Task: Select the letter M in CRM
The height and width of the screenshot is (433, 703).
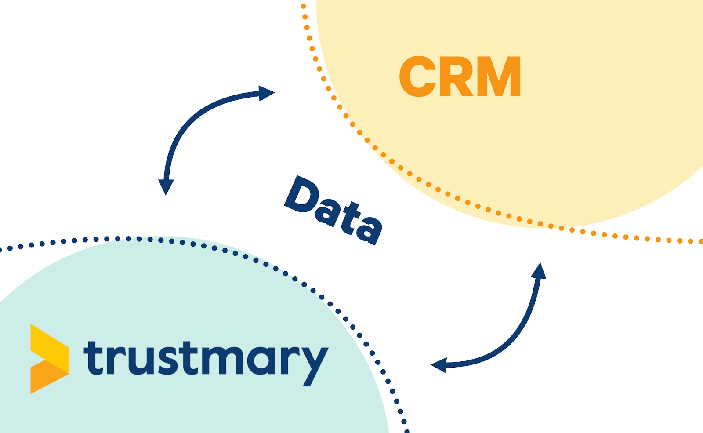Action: [x=500, y=77]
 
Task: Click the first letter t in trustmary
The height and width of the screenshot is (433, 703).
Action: [x=94, y=358]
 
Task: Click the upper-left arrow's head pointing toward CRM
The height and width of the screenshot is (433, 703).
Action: [x=266, y=93]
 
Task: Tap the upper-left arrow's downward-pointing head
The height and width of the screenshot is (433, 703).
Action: [x=166, y=186]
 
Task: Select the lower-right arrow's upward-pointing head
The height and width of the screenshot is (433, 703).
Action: [x=539, y=271]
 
